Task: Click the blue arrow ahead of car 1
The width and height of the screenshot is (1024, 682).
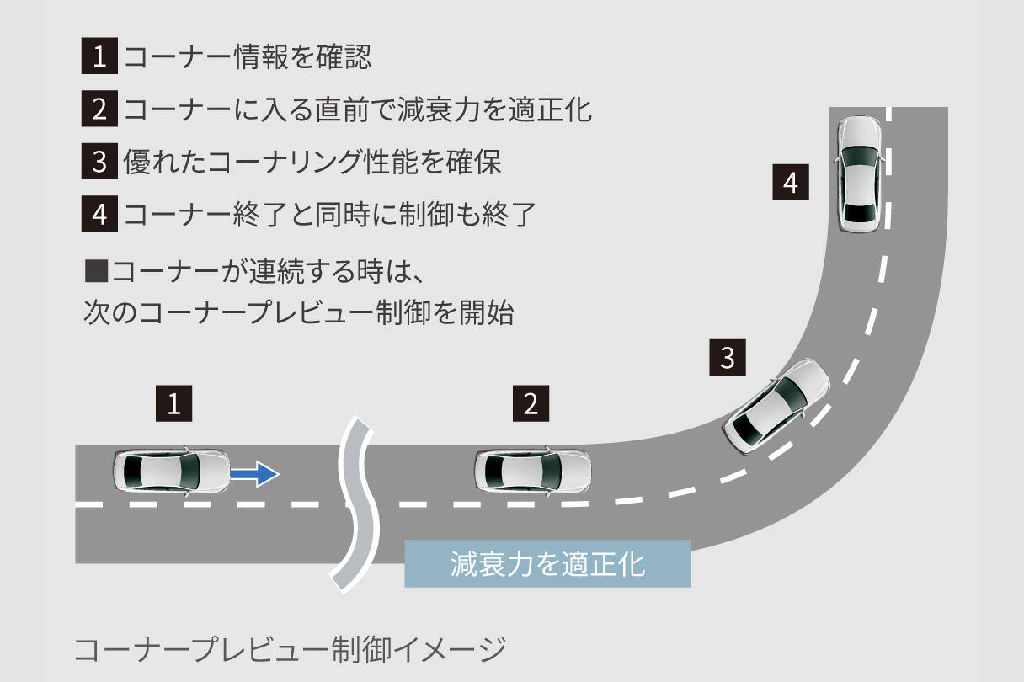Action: click(254, 474)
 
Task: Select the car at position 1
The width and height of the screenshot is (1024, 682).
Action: click(171, 472)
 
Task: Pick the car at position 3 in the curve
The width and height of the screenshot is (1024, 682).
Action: click(776, 407)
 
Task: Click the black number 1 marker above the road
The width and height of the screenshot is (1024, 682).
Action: click(173, 404)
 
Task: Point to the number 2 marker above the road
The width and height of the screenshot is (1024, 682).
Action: click(531, 404)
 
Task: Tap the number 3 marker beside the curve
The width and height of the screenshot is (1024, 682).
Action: click(728, 357)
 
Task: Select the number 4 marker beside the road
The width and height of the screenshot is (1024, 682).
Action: click(790, 183)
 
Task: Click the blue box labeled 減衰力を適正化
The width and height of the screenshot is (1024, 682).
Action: click(547, 563)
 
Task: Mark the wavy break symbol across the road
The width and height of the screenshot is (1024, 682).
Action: click(354, 503)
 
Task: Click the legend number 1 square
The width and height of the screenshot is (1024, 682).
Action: click(99, 57)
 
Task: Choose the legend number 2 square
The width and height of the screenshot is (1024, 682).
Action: click(99, 109)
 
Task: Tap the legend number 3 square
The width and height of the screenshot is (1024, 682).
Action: click(99, 161)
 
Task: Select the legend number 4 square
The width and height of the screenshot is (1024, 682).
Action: click(99, 213)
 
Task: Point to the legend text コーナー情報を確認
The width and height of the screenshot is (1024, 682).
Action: click(247, 57)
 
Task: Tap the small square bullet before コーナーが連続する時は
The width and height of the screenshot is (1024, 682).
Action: click(97, 272)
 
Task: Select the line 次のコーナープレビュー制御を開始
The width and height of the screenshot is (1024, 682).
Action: click(299, 313)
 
